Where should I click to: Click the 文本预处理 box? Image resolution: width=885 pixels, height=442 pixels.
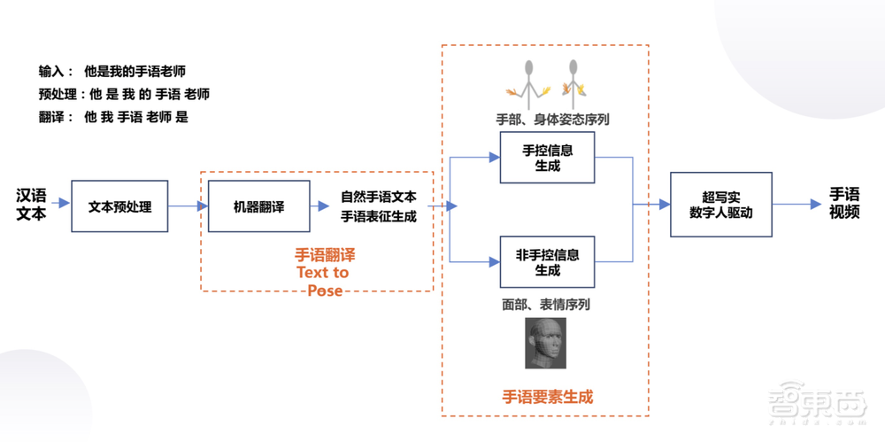119,206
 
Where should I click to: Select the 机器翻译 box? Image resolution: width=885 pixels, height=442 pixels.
258,206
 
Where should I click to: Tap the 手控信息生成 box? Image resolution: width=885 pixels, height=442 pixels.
547,158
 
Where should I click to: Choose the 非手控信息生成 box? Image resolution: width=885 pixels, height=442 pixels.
547,262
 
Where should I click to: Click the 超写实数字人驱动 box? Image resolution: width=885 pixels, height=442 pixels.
720,205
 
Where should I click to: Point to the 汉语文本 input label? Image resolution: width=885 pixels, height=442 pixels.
31,204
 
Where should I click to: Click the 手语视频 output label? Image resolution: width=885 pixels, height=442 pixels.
844,204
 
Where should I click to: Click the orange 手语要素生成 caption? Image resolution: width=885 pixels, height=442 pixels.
547,396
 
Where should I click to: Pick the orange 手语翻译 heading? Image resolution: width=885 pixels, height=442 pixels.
324,254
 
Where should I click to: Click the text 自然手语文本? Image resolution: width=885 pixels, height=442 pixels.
379,197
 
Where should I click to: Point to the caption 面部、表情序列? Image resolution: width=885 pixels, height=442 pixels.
546,304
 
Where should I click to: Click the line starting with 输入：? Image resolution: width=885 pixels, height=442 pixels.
112,71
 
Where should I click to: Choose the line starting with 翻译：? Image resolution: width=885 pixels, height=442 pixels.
113,116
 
